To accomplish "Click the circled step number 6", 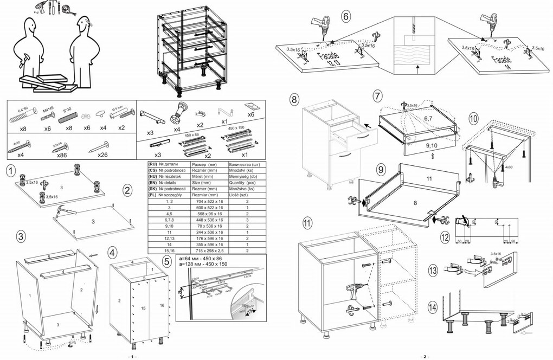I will pyautogui.click(x=346, y=16).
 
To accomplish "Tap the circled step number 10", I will pyautogui.click(x=473, y=118).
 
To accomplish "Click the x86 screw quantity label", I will pyautogui.click(x=61, y=155).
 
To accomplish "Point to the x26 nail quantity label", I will pyautogui.click(x=103, y=155).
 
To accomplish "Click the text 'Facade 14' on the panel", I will pyautogui.click(x=503, y=62).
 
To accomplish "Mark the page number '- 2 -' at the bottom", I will pyautogui.click(x=425, y=356).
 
